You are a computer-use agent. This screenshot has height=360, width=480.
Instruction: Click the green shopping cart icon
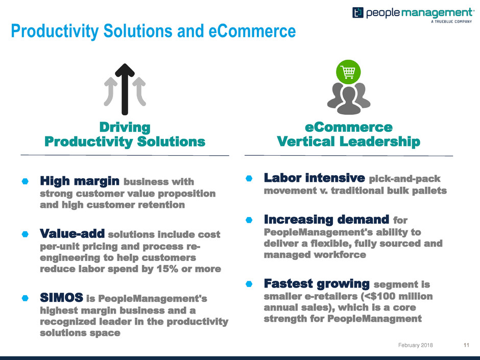pos(348,71)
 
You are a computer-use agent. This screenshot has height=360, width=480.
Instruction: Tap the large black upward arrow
pos(125,89)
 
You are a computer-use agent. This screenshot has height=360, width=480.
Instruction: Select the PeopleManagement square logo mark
pos(357,13)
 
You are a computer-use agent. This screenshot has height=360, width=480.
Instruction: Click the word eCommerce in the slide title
pos(252,31)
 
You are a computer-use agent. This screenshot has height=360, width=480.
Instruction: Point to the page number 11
pos(466,345)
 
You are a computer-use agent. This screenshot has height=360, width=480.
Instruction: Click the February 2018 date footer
pos(416,345)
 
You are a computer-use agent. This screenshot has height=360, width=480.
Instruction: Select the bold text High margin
pos(80,181)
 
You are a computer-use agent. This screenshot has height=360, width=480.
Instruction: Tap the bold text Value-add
pos(72,233)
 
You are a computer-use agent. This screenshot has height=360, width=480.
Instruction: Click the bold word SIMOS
pos(61,297)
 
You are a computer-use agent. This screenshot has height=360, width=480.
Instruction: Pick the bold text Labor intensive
pos(315,178)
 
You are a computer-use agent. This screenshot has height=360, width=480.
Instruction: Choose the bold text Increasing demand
pos(326,220)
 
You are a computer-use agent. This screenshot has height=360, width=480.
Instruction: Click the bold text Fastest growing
pos(317,283)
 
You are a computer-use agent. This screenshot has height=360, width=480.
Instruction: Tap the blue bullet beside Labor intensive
pos(249,178)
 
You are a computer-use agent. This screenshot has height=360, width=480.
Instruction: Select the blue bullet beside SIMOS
pos(25,298)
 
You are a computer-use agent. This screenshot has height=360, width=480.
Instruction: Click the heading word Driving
pos(125,127)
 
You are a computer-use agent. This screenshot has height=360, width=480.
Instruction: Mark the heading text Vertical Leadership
pos(348,141)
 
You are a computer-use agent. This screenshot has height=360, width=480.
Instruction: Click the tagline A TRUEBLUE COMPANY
pos(451,22)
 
